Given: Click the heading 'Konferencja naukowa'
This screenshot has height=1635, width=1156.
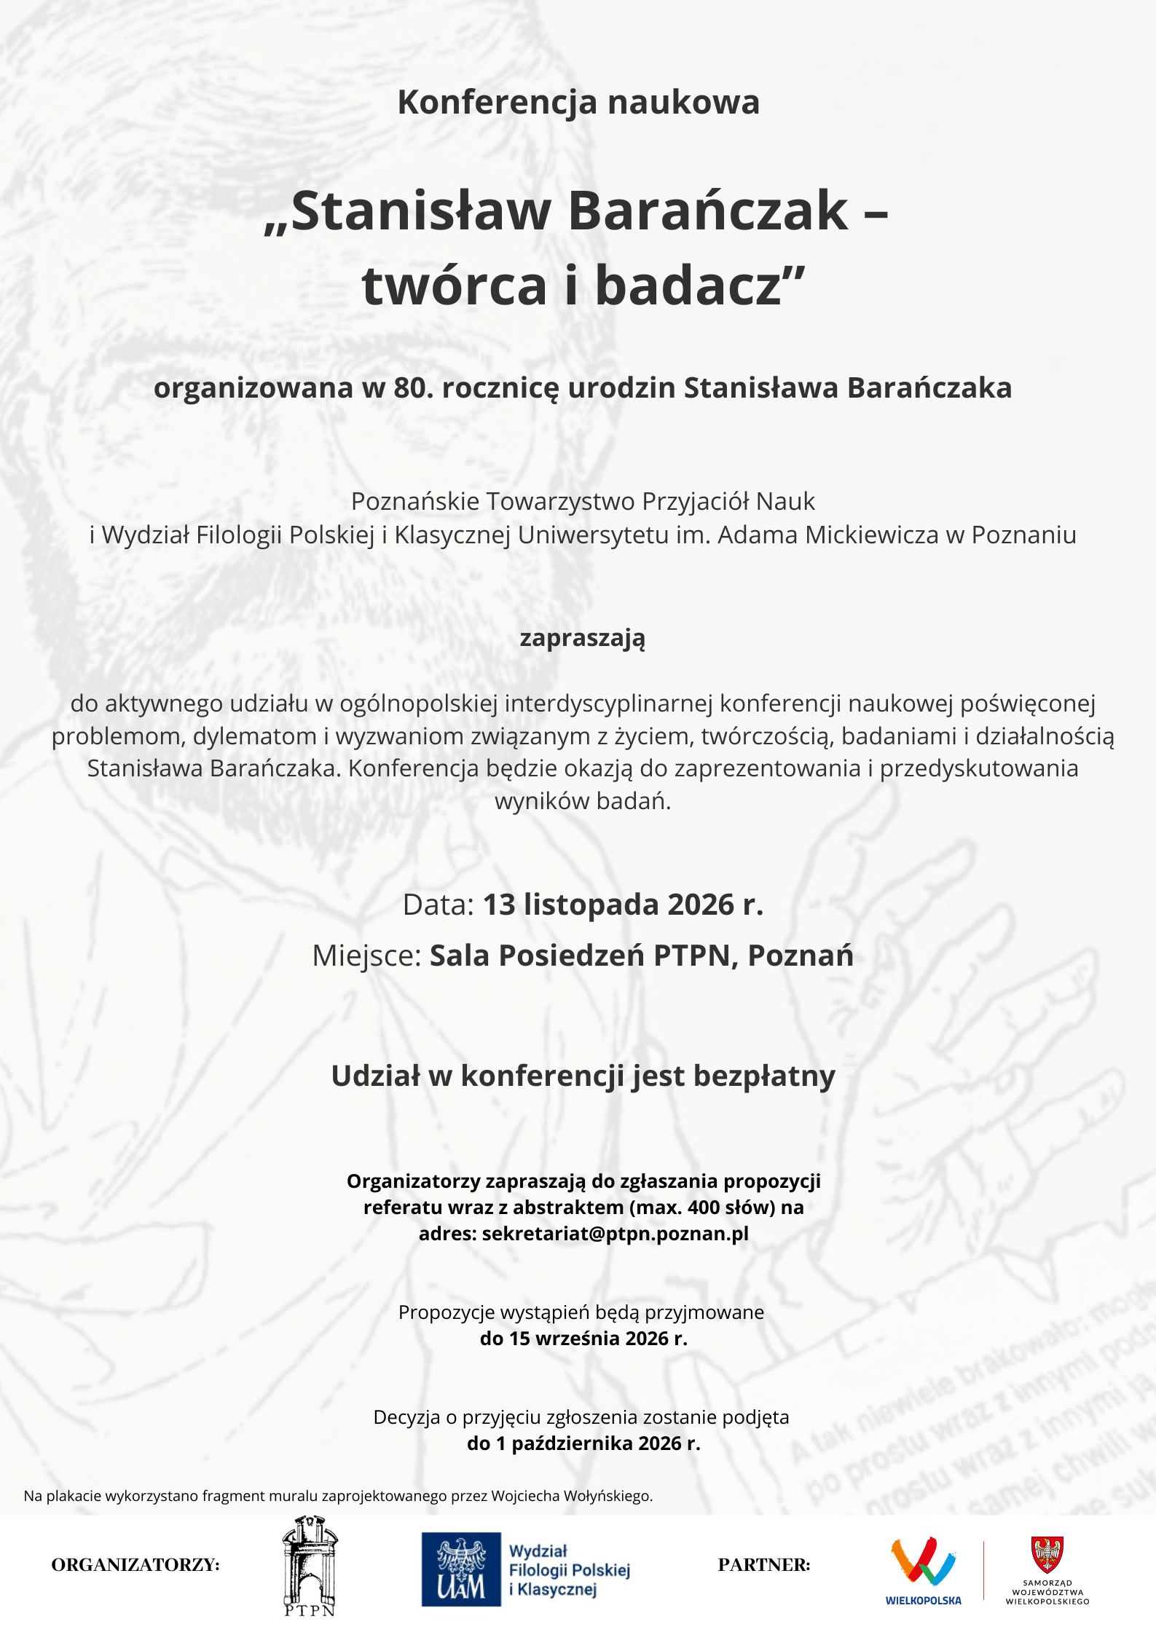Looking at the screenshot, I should pyautogui.click(x=578, y=102).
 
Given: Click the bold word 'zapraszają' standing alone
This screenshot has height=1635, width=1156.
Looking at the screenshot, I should pyautogui.click(x=582, y=638).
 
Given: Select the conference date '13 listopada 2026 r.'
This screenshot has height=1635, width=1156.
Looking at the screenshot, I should pyautogui.click(x=623, y=905).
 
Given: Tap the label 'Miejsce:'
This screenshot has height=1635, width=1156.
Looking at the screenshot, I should pyautogui.click(x=366, y=956).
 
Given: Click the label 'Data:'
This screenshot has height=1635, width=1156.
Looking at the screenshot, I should pyautogui.click(x=439, y=905).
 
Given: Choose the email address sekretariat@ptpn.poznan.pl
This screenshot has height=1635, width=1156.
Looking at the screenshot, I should pyautogui.click(x=615, y=1234).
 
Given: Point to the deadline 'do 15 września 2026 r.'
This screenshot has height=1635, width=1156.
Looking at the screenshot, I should pyautogui.click(x=583, y=1339).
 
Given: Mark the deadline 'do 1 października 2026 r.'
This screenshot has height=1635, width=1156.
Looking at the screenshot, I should pyautogui.click(x=583, y=1443).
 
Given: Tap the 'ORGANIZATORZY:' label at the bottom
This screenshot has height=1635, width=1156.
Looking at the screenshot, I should pyautogui.click(x=135, y=1564).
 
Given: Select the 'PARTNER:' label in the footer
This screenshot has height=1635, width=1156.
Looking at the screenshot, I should pyautogui.click(x=763, y=1564).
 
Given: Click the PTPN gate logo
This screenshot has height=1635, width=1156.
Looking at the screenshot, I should pyautogui.click(x=310, y=1564).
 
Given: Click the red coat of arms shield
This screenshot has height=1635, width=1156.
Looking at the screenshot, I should pyautogui.click(x=1047, y=1554).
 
